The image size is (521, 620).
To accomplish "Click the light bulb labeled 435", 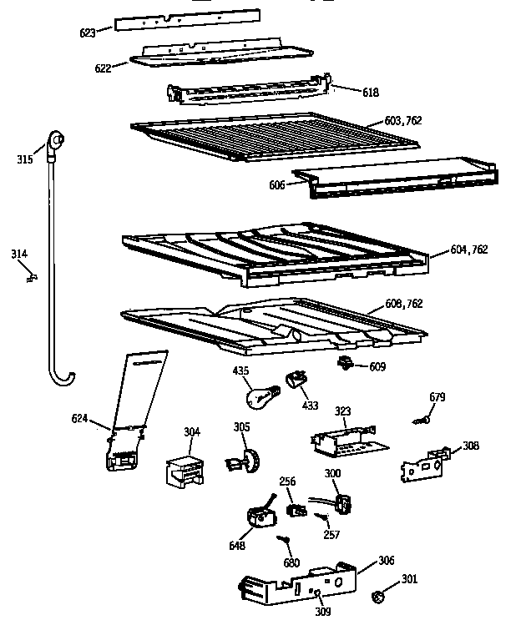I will tap(260, 391).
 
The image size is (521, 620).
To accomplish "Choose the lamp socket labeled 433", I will tap(296, 381).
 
